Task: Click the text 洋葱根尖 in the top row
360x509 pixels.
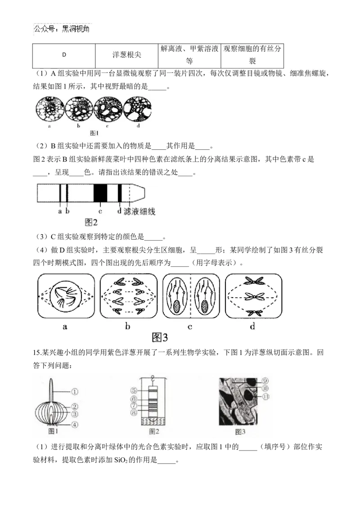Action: pos(126,55)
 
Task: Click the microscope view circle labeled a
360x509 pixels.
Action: pos(49,109)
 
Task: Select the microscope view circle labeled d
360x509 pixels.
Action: pos(138,109)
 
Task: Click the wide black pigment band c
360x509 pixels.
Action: pos(100,194)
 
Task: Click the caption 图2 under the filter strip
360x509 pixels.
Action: pos(91,222)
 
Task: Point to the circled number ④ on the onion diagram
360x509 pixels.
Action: pos(74,424)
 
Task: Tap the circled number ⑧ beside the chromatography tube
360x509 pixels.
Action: pos(134,412)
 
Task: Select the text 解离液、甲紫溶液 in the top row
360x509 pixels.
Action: pos(189,49)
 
